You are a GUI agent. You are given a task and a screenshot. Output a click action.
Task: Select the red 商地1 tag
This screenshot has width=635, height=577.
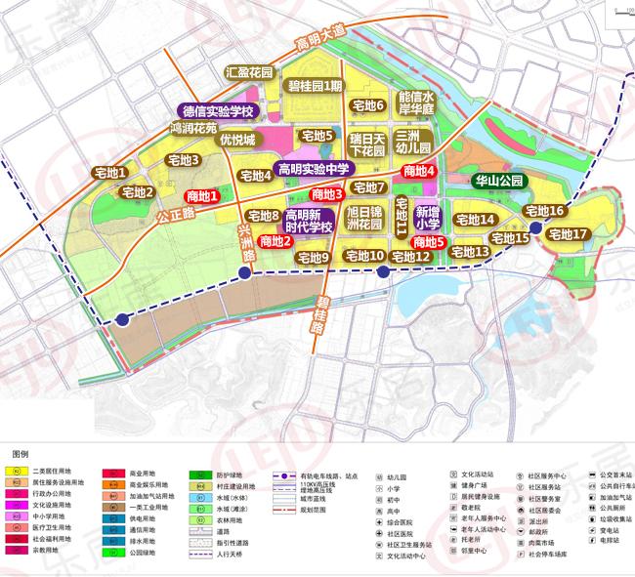point(202,196)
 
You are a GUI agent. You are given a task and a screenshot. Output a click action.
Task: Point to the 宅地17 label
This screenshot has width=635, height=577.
point(568,234)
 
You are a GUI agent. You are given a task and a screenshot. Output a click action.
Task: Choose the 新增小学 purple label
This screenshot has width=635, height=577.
point(427,217)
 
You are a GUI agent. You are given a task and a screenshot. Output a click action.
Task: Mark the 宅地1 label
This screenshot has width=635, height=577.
point(111,173)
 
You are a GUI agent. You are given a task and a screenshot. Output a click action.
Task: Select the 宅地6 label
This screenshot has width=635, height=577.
point(368,104)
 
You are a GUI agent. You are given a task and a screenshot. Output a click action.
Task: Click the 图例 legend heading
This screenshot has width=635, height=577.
point(21,455)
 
